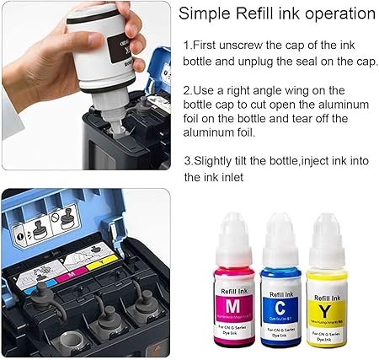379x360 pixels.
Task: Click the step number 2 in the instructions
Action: pyautogui.click(x=187, y=90)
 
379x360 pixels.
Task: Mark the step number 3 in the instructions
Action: pyautogui.click(x=187, y=159)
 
